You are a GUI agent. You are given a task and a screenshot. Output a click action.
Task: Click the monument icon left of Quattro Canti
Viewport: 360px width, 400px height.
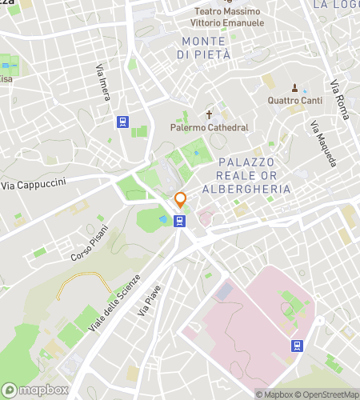pos(294,87)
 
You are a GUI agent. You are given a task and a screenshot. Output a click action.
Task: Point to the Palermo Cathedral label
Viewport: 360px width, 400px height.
pos(209,127)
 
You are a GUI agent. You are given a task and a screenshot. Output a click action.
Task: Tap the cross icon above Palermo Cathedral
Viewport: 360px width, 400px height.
pos(211,114)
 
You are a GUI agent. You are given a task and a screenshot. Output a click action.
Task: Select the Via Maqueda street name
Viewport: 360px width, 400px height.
pos(324,144)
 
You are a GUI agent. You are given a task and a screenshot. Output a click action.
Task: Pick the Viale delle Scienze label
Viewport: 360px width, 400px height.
pos(125,294)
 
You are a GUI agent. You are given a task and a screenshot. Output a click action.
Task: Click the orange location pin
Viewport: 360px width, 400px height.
pos(181,200)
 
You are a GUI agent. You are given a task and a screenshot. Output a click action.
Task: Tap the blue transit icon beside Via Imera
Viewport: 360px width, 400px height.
pos(122,122)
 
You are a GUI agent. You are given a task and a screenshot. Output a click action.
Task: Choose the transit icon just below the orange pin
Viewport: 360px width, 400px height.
pos(180,221)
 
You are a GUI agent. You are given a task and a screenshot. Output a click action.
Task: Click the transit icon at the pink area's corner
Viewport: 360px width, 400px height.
pos(297,346)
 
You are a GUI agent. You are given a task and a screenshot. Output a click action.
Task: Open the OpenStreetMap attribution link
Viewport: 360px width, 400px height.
pos(327,394)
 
